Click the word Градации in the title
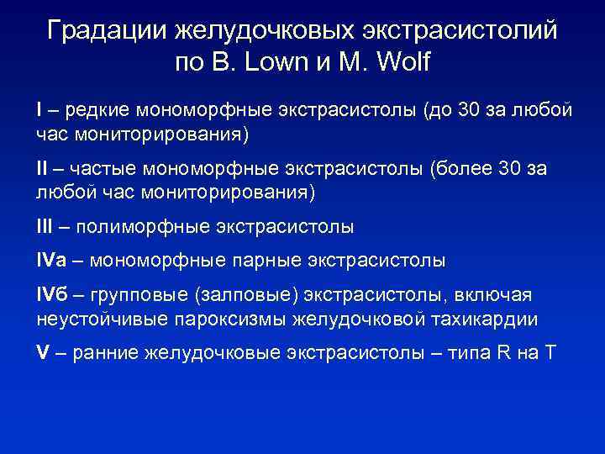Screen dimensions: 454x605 [107, 31]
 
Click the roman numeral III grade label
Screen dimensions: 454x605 [49, 227]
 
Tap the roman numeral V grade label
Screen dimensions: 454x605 [42, 351]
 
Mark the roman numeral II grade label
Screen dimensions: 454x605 [45, 169]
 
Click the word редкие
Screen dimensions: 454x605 [94, 110]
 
